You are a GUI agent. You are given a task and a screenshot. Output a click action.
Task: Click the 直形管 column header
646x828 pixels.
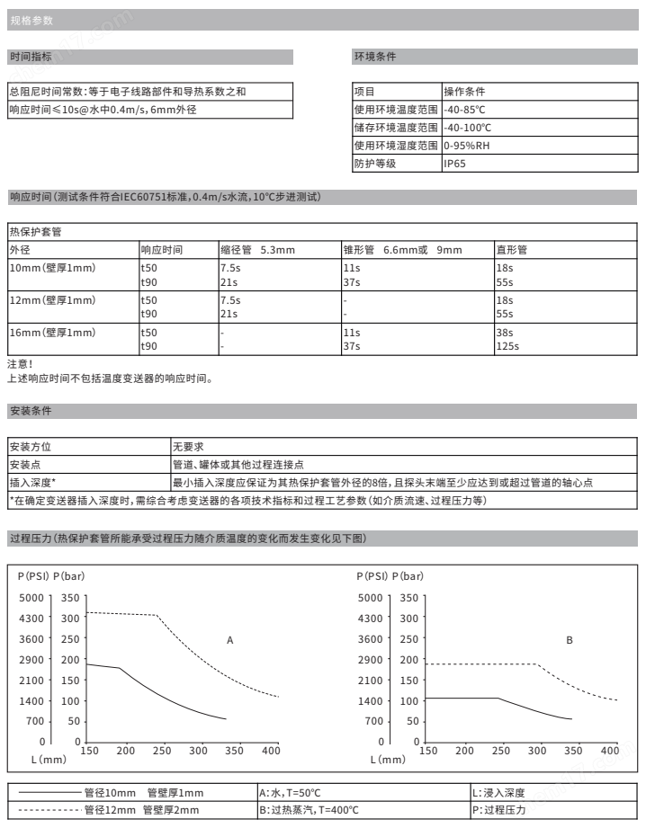511,249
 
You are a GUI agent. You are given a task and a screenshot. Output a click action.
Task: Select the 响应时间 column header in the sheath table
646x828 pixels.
161,249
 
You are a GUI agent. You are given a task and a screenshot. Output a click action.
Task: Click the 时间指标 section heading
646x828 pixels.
31,57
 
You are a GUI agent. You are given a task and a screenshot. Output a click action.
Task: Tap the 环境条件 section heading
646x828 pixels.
374,57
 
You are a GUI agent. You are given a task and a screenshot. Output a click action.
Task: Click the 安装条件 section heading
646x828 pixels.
31,411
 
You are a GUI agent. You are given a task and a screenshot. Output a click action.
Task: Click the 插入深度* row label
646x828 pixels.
32,483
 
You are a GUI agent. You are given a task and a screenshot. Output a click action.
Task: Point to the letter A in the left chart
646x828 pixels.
229,640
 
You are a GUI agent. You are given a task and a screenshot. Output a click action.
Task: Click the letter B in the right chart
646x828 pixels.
570,640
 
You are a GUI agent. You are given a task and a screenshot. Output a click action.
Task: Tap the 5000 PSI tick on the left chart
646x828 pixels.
32,597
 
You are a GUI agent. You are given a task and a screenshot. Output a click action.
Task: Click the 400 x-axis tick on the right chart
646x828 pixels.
609,750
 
